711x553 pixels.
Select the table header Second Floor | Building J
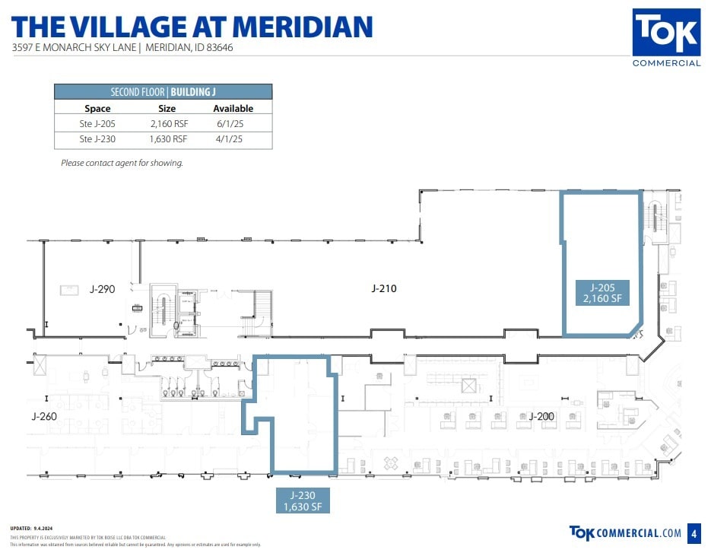163,92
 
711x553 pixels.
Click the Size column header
167,109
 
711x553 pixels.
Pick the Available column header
233,109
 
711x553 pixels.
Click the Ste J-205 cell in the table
97,123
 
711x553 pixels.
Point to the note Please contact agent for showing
122,163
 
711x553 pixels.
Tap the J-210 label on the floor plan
383,288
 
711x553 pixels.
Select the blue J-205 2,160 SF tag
602,293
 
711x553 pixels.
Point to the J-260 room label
44,416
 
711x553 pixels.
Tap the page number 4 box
693,532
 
